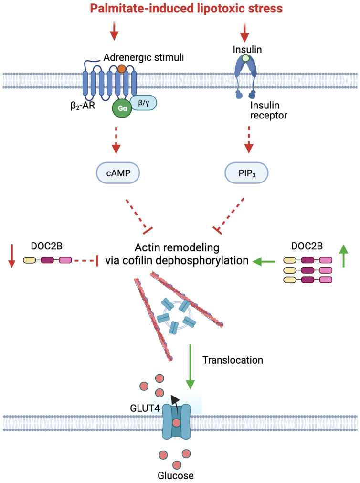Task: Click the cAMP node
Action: pyautogui.click(x=118, y=173)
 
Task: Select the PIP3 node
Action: pyautogui.click(x=247, y=173)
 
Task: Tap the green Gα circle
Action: pyautogui.click(x=122, y=108)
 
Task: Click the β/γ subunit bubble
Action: pyautogui.click(x=143, y=103)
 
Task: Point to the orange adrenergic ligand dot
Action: pyautogui.click(x=122, y=68)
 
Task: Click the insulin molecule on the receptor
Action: pyautogui.click(x=245, y=58)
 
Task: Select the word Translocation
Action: pyautogui.click(x=233, y=360)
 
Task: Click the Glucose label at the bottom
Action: pyautogui.click(x=176, y=475)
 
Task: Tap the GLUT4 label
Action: pyautogui.click(x=145, y=408)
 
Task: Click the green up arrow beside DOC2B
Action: pyautogui.click(x=344, y=256)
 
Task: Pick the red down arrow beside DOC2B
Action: pyautogui.click(x=12, y=256)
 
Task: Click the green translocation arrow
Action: pyautogui.click(x=191, y=366)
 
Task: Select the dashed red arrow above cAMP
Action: pyautogui.click(x=116, y=140)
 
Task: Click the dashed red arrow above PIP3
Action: pyautogui.click(x=249, y=140)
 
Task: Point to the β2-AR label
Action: pyautogui.click(x=83, y=106)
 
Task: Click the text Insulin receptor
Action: pyautogui.click(x=268, y=110)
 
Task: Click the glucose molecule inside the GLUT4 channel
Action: pyautogui.click(x=176, y=423)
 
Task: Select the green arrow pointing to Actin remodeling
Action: pyautogui.click(x=264, y=261)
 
